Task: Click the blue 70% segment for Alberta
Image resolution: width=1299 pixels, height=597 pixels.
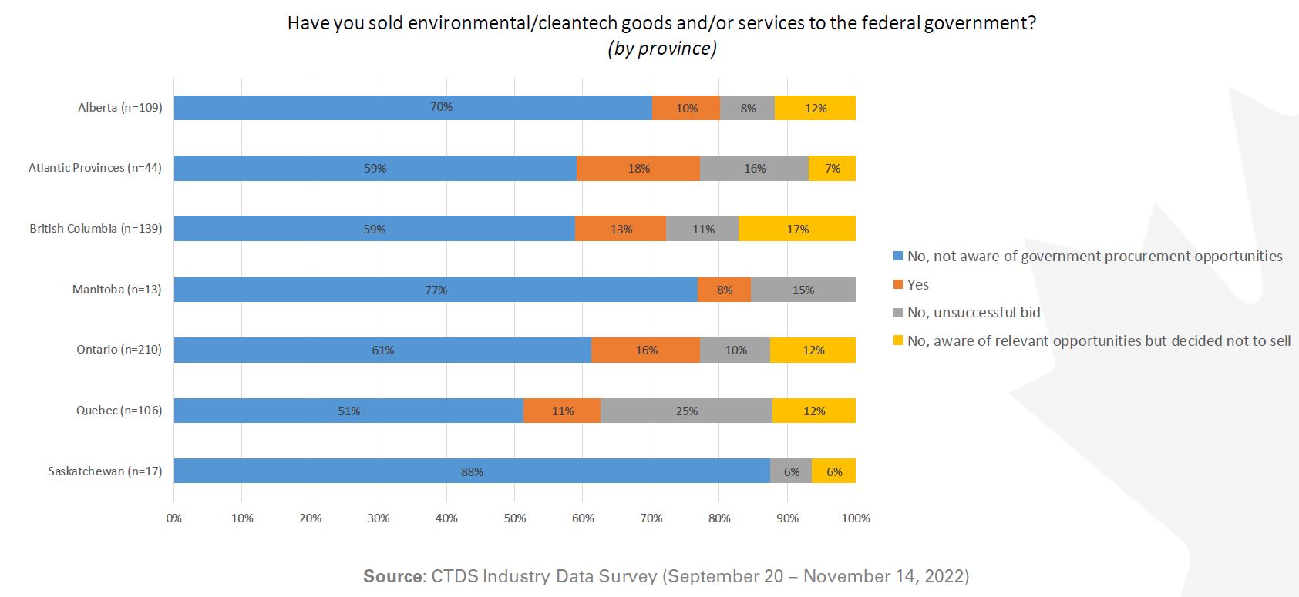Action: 412,108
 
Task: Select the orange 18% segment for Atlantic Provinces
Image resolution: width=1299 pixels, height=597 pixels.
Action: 638,168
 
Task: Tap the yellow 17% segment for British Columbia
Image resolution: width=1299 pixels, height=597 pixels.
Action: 797,229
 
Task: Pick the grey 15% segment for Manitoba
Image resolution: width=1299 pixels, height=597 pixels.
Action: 803,290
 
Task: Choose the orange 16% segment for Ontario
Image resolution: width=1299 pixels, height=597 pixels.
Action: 646,350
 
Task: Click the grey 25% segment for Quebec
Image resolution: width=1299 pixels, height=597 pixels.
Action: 686,411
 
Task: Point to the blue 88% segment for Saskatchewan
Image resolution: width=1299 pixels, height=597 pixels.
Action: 472,471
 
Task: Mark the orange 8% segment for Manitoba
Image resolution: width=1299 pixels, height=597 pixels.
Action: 725,290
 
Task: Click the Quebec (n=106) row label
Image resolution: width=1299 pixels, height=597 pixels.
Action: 119,411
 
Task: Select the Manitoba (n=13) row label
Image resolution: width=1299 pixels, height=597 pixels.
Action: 117,290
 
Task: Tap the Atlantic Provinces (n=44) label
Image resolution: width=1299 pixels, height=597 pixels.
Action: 95,168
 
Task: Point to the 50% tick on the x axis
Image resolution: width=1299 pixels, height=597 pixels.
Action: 515,518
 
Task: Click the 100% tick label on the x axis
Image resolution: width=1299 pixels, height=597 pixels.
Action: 856,518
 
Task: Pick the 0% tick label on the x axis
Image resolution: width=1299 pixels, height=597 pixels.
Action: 174,518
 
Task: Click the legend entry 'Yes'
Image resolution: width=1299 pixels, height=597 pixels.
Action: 917,285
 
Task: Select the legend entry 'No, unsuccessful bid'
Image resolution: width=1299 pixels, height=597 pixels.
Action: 974,313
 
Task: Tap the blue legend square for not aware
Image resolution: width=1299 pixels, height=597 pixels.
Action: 898,257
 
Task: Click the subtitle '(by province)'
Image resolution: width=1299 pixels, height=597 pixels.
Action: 661,49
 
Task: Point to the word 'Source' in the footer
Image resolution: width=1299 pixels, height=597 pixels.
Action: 392,576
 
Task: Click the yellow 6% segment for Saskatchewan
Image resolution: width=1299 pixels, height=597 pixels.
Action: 834,471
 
